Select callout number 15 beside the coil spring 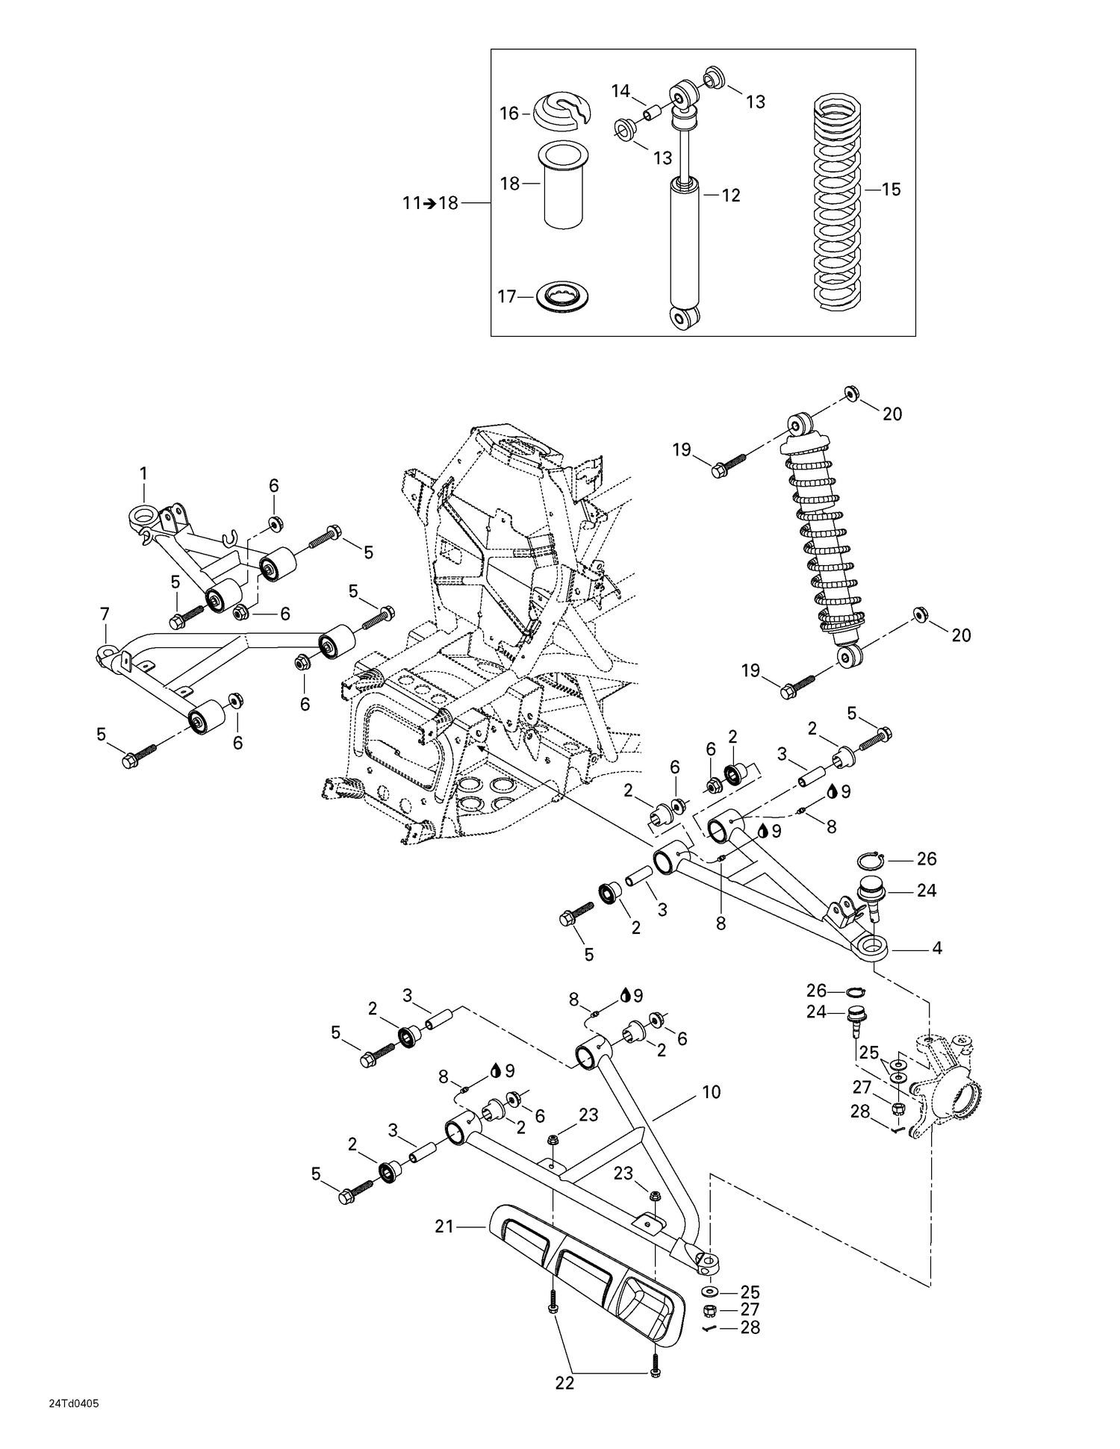(x=891, y=190)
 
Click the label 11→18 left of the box (x=430, y=203)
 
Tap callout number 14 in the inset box (x=620, y=92)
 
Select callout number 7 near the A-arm (x=105, y=614)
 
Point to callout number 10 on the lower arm (x=711, y=1092)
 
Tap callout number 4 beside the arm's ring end (x=936, y=949)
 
